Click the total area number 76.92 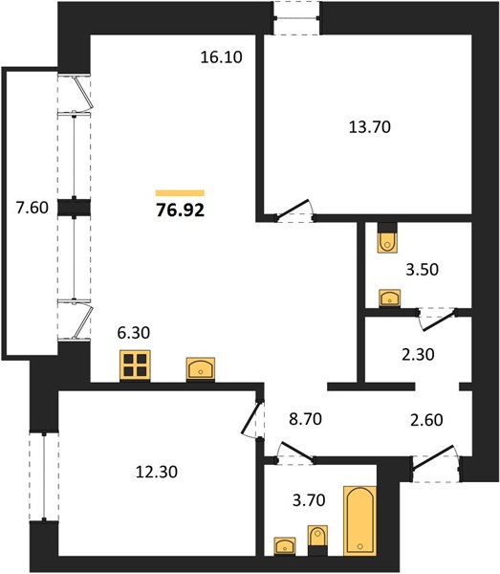(x=180, y=210)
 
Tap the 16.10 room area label (x=221, y=57)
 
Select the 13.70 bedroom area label (x=370, y=127)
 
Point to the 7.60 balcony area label (x=32, y=208)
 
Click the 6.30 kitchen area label (x=134, y=333)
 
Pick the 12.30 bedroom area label (x=157, y=472)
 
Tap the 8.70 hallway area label (x=305, y=419)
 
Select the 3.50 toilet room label (x=423, y=270)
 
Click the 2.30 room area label (x=418, y=354)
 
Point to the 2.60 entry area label (x=426, y=420)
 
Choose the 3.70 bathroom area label (x=309, y=499)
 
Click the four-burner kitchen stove (x=135, y=365)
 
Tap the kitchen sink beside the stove (x=201, y=369)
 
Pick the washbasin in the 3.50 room (x=389, y=298)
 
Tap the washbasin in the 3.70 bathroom (x=285, y=546)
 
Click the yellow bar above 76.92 (x=180, y=193)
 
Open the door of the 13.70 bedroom (x=294, y=210)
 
